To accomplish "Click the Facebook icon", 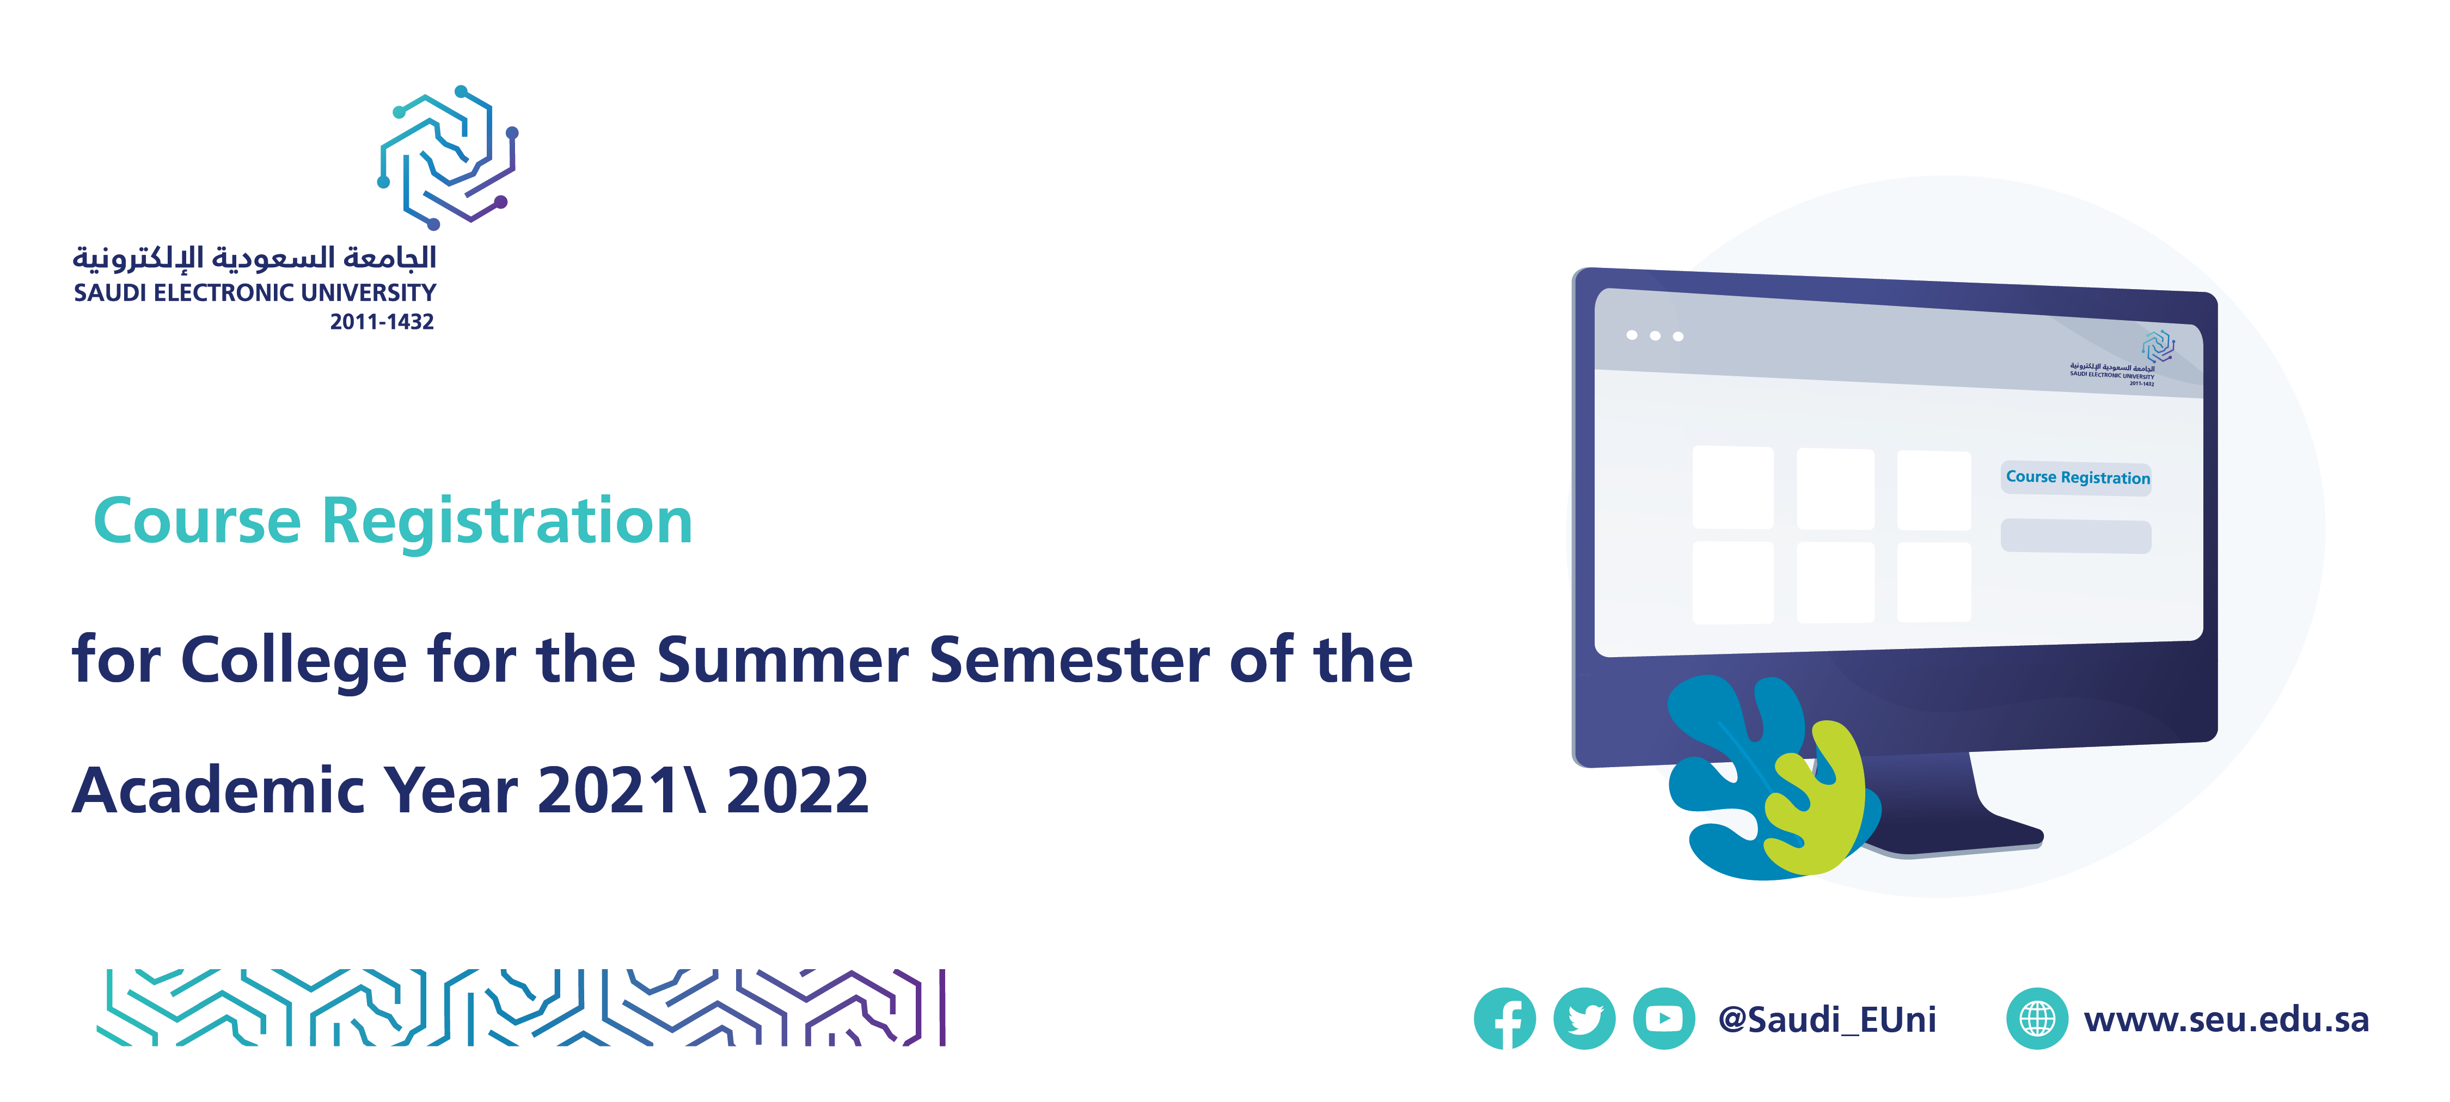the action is [1505, 1018].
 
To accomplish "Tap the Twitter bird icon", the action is [1584, 1018].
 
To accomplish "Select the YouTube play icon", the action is [1663, 1018].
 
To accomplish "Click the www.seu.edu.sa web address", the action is [2226, 1019].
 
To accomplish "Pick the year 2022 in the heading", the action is [797, 790].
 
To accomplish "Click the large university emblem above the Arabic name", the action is [448, 157].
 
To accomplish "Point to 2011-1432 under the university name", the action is [382, 321].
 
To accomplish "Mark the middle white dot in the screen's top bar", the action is [1655, 335].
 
